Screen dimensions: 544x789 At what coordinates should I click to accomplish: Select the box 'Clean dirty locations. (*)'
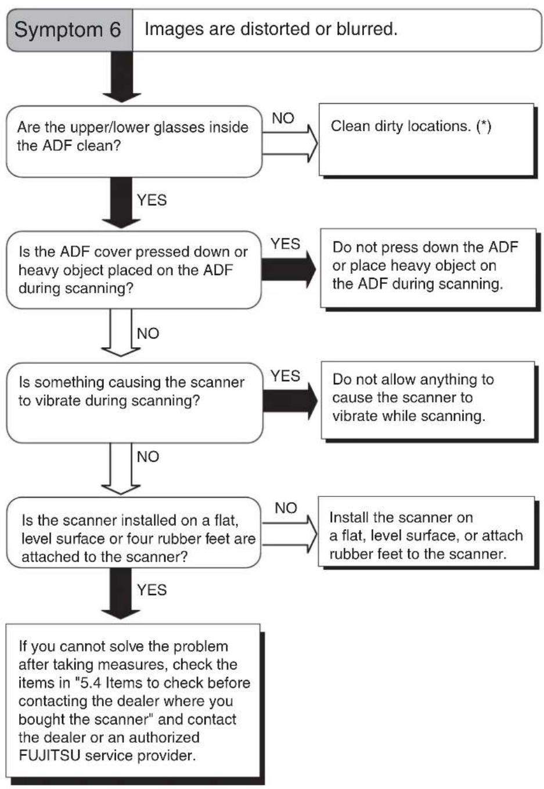[x=426, y=139]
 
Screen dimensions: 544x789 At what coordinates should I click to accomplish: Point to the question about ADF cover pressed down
[x=134, y=270]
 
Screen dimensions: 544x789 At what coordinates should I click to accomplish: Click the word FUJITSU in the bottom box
[x=49, y=755]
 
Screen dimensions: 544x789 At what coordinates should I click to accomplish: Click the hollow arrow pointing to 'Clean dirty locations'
[x=290, y=143]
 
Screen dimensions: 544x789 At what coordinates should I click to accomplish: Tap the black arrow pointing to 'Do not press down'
[x=289, y=269]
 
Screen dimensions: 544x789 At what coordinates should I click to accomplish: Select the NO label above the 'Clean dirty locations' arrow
[x=283, y=118]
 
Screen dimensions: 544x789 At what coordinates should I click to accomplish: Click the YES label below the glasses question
[x=152, y=200]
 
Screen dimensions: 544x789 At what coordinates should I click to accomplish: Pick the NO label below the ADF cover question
[x=148, y=333]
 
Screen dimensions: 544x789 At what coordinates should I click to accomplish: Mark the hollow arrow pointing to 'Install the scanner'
[x=290, y=534]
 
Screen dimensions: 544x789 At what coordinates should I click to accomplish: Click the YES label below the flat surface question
[x=152, y=590]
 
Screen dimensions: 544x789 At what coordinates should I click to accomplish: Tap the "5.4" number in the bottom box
[x=91, y=683]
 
